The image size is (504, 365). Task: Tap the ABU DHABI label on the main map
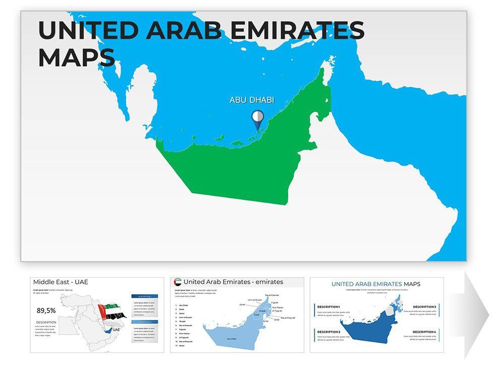pos(252,100)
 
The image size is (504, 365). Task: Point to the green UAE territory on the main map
pos(242,167)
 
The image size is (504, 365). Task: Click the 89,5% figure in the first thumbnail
pos(46,311)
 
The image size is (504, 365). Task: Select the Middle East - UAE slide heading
pos(60,282)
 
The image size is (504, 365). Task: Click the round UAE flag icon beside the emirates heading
pos(177,282)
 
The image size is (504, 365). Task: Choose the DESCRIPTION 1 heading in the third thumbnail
pos(329,307)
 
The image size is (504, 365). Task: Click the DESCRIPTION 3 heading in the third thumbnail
pos(424,307)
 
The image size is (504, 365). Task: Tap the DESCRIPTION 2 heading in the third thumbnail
pos(329,332)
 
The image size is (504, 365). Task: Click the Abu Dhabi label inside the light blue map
pos(232,339)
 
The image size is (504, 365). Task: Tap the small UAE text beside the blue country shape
pos(116,330)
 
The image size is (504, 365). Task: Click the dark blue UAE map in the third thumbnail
pos(375,328)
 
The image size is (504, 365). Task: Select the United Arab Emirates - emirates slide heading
pos(233,282)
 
